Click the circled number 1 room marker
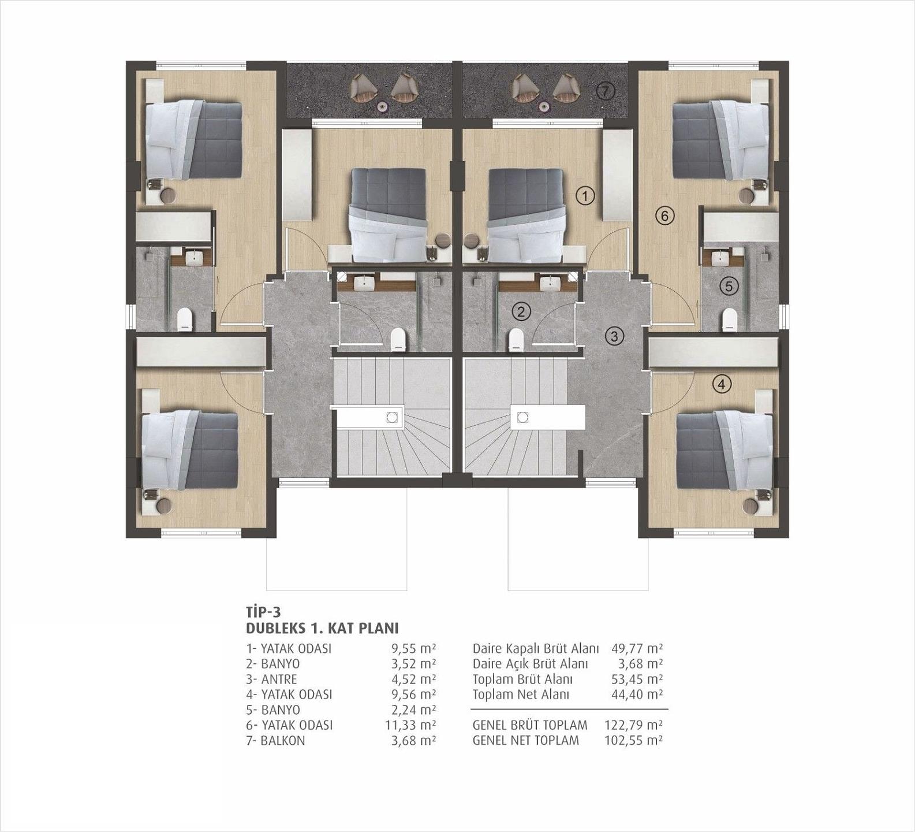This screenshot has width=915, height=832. (585, 196)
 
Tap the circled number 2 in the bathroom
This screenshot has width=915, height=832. (521, 312)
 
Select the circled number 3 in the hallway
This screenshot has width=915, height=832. (614, 336)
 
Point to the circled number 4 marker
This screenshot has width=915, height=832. (722, 384)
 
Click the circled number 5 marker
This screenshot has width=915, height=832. (729, 285)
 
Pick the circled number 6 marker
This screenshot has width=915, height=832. (664, 216)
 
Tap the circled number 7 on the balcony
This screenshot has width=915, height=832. (605, 91)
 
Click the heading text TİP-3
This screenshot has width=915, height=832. (263, 611)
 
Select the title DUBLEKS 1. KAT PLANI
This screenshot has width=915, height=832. (322, 628)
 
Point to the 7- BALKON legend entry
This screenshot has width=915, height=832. (275, 741)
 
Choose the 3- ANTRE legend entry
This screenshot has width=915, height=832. (271, 679)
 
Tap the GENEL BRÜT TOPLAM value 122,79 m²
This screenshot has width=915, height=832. (633, 725)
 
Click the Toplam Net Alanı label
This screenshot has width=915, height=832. (521, 694)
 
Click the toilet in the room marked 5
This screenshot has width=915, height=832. (730, 320)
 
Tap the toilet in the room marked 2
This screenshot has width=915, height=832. (516, 340)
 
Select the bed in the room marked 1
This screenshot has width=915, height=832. (525, 215)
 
